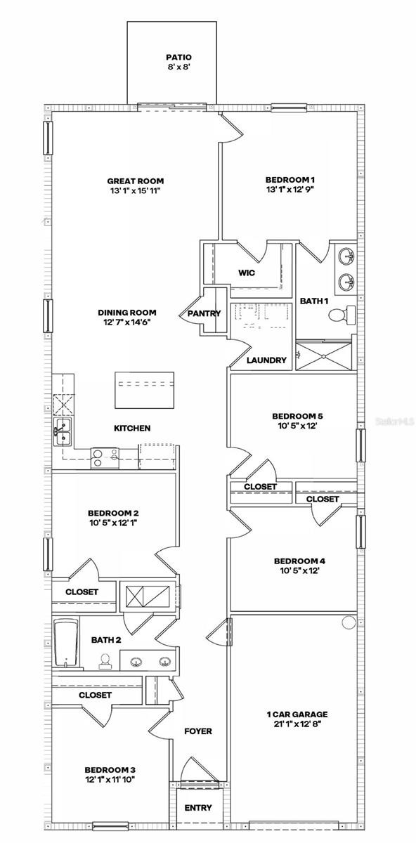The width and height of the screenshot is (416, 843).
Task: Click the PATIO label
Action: [x=178, y=58]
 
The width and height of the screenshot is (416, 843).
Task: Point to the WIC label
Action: [x=247, y=273]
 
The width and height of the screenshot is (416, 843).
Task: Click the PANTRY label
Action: [x=204, y=313]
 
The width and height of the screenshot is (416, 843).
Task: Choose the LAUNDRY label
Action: [x=267, y=360]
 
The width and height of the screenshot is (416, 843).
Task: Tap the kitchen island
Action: [x=144, y=389]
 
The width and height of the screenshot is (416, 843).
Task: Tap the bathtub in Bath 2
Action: [x=66, y=643]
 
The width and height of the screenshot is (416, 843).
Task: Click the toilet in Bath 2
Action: [x=105, y=660]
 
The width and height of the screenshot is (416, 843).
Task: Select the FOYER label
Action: [x=198, y=731]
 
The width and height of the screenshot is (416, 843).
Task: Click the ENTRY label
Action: [x=197, y=808]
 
